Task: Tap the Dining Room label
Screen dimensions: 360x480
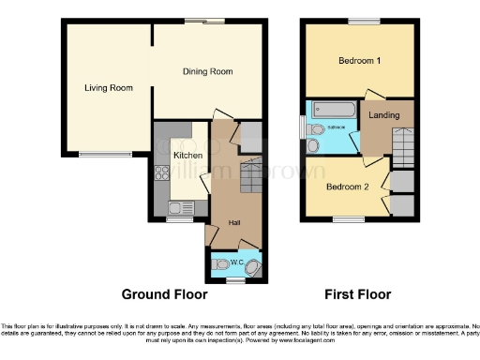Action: click(207, 72)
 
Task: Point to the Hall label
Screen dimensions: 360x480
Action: click(237, 222)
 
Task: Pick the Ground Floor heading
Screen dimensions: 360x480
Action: click(164, 294)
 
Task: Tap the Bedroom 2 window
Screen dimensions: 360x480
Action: click(346, 219)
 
